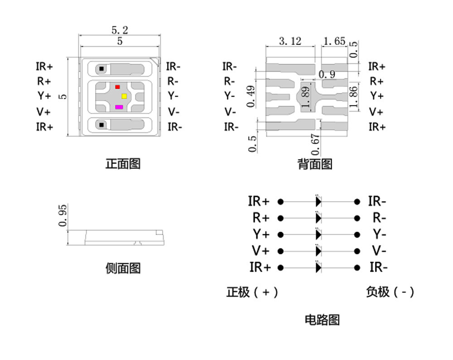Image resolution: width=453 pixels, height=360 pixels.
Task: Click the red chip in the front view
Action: coord(117,87)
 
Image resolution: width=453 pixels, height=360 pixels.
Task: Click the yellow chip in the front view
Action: coord(124,96)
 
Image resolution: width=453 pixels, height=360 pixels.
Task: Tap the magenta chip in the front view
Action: coord(119,107)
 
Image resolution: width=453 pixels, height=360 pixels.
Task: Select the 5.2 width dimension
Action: coord(120,30)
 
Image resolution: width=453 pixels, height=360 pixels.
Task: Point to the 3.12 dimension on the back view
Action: coord(290,41)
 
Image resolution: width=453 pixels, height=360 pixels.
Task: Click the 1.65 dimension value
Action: coord(334,41)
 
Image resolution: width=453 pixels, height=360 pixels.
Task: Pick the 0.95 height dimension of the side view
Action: coord(63,215)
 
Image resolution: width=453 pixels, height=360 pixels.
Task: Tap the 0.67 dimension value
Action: coord(316,144)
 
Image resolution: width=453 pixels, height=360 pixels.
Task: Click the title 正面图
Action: coord(123,163)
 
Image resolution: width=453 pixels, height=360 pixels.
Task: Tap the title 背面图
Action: coord(315,164)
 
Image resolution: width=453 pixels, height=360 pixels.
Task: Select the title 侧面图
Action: coord(123,268)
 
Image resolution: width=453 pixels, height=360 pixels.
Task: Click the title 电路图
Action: coord(322,320)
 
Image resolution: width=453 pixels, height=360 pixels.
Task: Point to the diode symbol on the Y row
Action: coord(318,234)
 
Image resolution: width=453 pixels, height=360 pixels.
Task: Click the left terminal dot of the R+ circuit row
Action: coord(280,218)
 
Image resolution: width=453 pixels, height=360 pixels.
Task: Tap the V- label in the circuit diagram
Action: coord(379,251)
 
